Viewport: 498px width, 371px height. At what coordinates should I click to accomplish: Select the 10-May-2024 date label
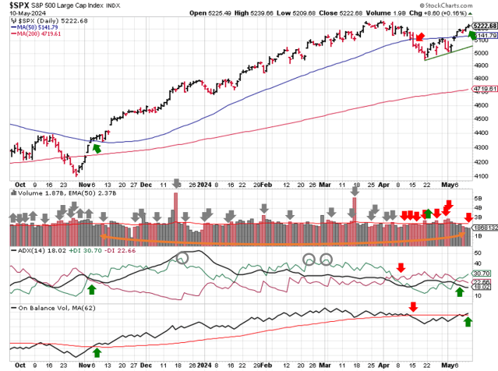pos(26,14)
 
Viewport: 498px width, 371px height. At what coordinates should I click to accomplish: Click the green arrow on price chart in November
pos(96,147)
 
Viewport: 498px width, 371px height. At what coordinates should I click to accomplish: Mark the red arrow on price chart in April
pos(420,37)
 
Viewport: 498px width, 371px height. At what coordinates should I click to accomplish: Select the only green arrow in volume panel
pos(427,213)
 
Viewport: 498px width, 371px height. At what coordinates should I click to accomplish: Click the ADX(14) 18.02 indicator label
pos(30,251)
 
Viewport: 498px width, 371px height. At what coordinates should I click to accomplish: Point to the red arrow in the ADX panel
pos(401,267)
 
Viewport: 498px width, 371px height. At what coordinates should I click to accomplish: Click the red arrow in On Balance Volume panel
pos(413,306)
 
